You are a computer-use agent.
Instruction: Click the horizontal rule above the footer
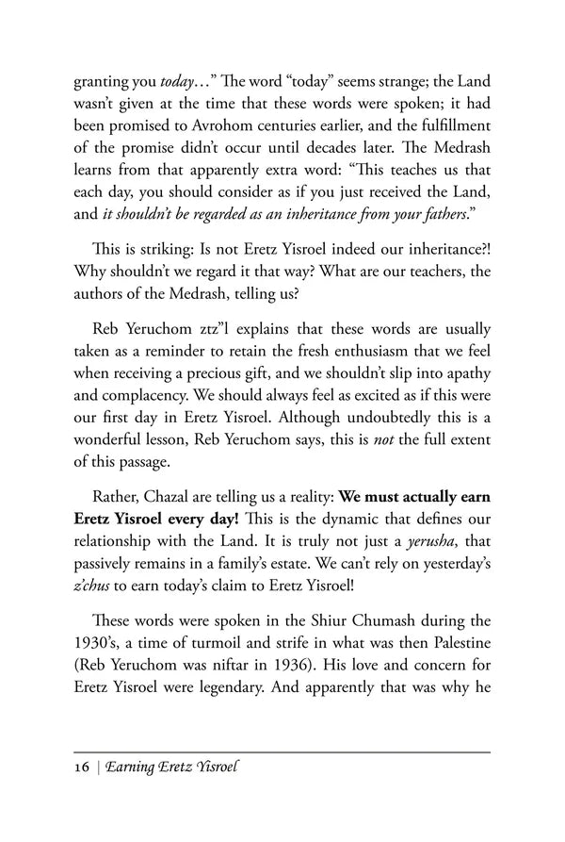282,751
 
